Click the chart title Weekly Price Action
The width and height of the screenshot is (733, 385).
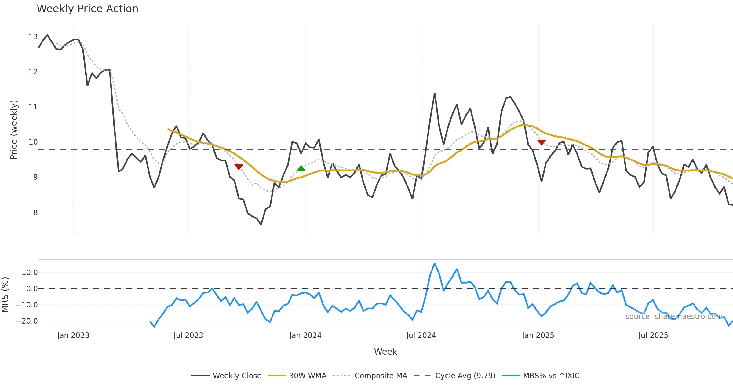(87, 9)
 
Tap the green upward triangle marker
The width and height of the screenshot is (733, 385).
(301, 168)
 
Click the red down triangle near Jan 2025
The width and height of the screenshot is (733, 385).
(542, 142)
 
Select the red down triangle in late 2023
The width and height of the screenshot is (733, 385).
(239, 167)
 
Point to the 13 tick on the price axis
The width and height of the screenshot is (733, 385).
(33, 37)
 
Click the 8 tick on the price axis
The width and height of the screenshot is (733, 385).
(35, 213)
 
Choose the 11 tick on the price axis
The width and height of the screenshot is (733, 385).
(33, 107)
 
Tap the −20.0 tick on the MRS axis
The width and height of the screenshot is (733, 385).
(27, 321)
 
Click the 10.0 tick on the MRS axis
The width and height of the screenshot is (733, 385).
(30, 273)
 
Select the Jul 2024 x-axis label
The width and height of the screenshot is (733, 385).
(421, 335)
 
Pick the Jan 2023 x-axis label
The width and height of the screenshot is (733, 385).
(73, 335)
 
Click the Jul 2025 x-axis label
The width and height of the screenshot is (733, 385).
(653, 335)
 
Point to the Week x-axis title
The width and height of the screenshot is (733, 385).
(385, 352)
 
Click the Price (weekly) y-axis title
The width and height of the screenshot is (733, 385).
(14, 130)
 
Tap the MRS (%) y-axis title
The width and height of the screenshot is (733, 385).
(5, 295)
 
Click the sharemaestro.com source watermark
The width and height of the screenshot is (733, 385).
(674, 317)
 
